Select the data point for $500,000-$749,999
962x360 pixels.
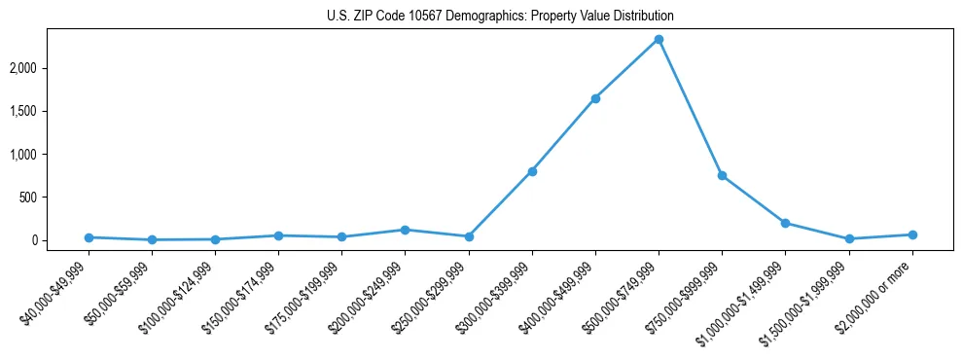click(659, 39)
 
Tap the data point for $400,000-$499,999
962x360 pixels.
click(595, 98)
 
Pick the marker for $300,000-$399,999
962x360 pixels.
click(532, 171)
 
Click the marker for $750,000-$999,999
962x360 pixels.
click(722, 175)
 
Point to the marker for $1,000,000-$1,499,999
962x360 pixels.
click(785, 223)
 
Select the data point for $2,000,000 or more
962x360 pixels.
click(912, 234)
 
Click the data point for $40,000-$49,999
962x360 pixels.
click(89, 237)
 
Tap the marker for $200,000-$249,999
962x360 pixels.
click(405, 230)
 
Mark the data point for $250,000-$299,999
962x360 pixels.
click(469, 236)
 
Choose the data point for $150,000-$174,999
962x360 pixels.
click(278, 235)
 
